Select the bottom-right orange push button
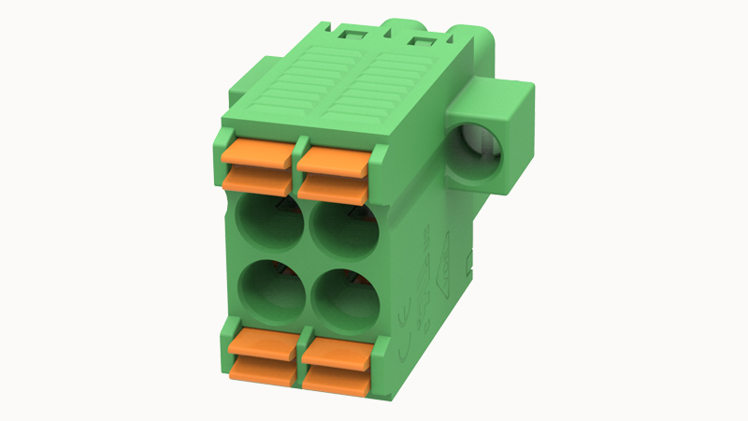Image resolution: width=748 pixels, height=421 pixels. [338, 365]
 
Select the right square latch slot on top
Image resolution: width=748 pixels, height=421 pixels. [419, 40]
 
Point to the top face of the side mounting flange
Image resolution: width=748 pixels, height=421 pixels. [496, 94]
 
